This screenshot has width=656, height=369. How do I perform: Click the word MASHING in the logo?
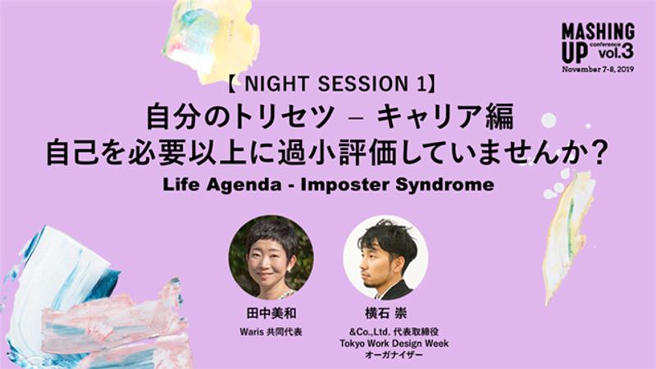tap(598, 31)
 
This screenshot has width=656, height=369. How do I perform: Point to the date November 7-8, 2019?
tap(598, 70)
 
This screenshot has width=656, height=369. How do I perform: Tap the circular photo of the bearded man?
tap(384, 257)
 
